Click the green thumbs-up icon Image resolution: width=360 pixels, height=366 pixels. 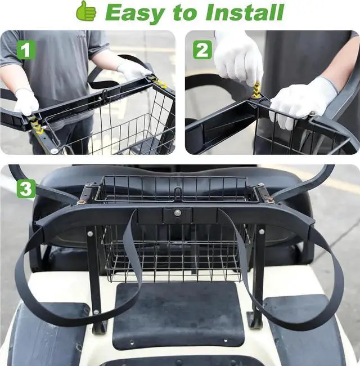(x=86, y=11)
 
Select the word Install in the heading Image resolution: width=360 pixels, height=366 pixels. (x=245, y=12)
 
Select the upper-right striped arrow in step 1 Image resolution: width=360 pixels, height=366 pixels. (x=159, y=83)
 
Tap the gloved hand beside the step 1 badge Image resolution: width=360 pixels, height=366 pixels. (x=26, y=102)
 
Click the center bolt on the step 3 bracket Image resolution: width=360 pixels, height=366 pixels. (x=178, y=213)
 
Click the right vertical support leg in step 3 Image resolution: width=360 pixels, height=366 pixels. (x=259, y=276)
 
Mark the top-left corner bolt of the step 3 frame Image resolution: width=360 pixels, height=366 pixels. (x=83, y=201)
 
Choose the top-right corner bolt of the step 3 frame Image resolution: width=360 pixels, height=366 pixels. (x=271, y=200)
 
